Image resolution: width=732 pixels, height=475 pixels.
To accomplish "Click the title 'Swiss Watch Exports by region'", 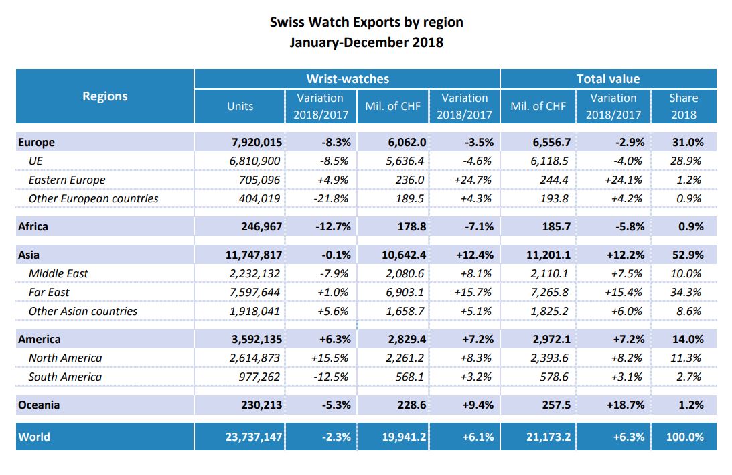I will click(366, 22).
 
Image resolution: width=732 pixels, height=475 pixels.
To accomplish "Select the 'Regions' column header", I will click(105, 96).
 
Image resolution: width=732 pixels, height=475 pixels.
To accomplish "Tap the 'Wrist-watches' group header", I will click(347, 78).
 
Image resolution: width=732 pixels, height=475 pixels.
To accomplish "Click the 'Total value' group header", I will click(608, 78).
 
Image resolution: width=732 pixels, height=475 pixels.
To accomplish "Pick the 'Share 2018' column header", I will click(683, 106).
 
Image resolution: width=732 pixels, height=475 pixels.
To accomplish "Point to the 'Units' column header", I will click(240, 106).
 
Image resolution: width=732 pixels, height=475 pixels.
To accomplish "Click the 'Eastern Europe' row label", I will click(67, 180).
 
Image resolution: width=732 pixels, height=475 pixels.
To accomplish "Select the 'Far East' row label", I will click(49, 292).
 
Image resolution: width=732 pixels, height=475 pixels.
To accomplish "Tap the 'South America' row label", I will click(65, 377).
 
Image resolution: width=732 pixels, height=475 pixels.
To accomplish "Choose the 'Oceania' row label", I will click(39, 405).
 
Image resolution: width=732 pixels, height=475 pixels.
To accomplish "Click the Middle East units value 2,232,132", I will click(252, 273).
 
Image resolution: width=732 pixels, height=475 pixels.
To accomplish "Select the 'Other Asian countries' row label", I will click(83, 311).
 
